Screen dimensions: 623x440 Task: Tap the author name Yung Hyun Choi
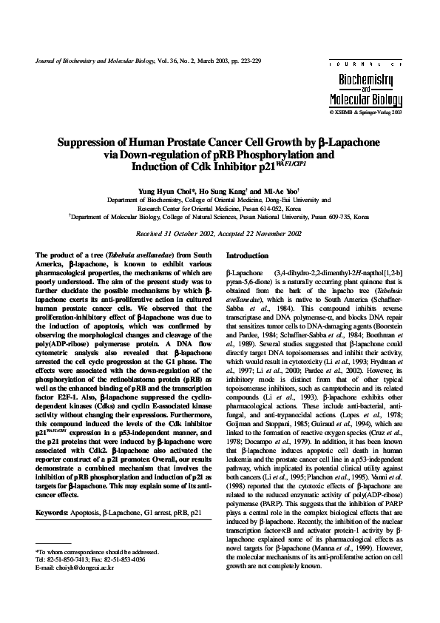[159, 191]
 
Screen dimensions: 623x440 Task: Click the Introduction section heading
[247, 255]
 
